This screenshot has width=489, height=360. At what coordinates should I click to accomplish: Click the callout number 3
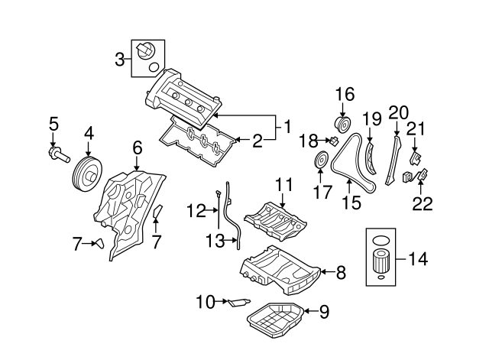120,59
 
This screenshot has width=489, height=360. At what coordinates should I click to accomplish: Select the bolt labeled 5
58,157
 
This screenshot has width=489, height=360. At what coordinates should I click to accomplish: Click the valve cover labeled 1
183,98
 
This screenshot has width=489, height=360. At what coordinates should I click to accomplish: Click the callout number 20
399,112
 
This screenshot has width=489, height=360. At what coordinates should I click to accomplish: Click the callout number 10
205,302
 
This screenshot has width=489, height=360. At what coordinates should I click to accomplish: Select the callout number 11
284,184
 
